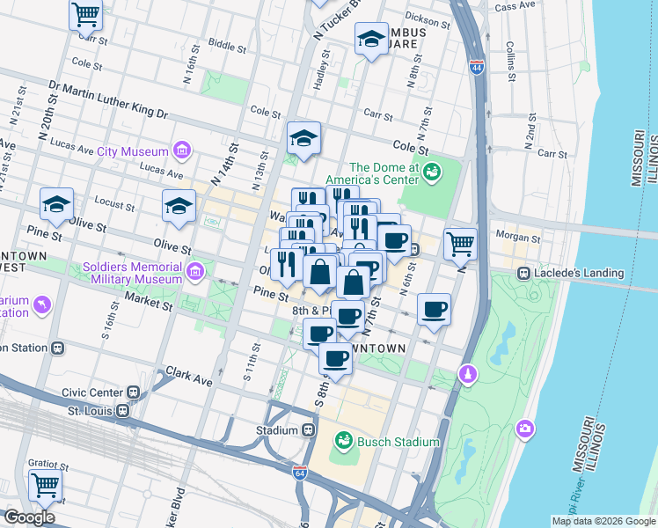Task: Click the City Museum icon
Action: (182, 151)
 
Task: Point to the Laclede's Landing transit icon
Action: (523, 273)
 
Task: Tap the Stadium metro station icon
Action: (309, 430)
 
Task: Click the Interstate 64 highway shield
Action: (301, 473)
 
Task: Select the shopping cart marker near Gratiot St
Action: (44, 484)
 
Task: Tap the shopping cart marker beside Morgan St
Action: (460, 243)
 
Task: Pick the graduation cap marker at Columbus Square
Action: (371, 39)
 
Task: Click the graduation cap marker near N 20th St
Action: (56, 204)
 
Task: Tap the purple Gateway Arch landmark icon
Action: (469, 375)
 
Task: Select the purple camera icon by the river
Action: (525, 428)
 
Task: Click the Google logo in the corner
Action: (29, 517)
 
